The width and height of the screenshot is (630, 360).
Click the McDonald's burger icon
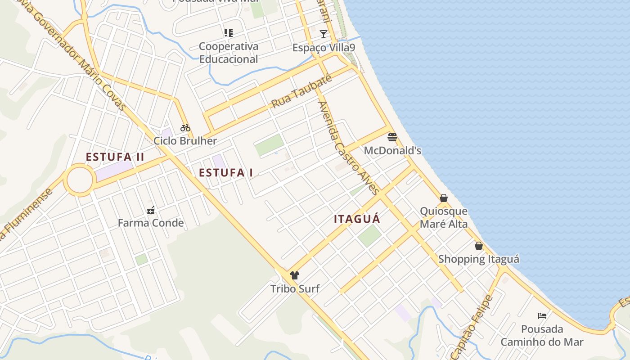click(x=392, y=137)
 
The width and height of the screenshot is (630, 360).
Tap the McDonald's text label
click(x=392, y=150)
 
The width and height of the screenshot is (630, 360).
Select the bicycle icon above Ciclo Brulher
click(x=185, y=128)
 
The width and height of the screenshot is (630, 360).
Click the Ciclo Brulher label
click(x=185, y=141)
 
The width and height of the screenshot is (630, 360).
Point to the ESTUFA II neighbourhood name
click(x=115, y=157)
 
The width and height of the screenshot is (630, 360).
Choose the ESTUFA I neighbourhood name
click(x=226, y=173)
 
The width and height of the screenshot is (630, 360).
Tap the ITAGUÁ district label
click(x=357, y=219)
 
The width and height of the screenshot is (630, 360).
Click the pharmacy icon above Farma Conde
click(x=151, y=210)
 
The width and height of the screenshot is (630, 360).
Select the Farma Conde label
click(x=151, y=223)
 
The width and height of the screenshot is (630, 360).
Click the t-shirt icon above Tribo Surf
click(x=295, y=275)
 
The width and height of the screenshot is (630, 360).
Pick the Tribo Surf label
click(x=295, y=288)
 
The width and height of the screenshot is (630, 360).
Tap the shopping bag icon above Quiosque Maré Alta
click(x=444, y=198)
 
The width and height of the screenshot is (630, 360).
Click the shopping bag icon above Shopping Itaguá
click(x=479, y=246)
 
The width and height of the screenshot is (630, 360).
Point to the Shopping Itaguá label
click(x=479, y=259)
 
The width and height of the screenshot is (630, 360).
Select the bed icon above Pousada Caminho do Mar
click(x=542, y=316)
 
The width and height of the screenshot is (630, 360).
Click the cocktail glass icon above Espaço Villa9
click(x=324, y=34)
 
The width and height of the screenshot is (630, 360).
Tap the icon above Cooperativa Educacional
click(x=229, y=33)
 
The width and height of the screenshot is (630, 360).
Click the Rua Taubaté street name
click(x=301, y=92)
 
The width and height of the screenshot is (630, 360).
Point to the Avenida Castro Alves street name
click(x=349, y=148)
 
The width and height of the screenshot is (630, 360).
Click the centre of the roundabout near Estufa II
click(x=80, y=180)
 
